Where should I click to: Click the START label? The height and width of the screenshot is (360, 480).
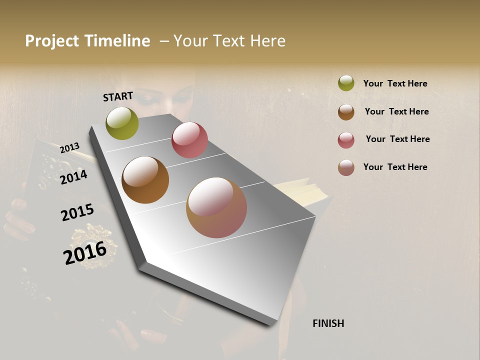[118, 96]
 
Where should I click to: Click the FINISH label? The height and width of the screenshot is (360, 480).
[328, 323]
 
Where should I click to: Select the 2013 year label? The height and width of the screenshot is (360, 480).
[69, 147]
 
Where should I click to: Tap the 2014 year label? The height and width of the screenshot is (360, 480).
[73, 176]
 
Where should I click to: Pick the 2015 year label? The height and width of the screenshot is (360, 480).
[77, 212]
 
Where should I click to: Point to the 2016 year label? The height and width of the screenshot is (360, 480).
[85, 252]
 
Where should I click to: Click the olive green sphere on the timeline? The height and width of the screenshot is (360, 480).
[122, 123]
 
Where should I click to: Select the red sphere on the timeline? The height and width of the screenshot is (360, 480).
[189, 140]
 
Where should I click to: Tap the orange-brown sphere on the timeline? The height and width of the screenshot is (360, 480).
[145, 180]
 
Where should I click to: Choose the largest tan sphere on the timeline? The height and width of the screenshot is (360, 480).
[216, 207]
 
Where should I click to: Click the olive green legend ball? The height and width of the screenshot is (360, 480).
[346, 83]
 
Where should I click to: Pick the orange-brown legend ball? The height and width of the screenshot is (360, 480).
[346, 112]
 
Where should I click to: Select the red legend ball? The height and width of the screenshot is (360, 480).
[346, 140]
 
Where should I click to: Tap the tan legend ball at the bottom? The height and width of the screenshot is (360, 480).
[346, 167]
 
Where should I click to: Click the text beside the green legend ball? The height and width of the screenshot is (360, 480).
[395, 83]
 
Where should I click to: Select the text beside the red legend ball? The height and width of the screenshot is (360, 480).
[397, 139]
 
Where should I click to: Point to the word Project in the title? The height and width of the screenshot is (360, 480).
[52, 41]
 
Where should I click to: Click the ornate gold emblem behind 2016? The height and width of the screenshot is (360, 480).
[95, 245]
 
